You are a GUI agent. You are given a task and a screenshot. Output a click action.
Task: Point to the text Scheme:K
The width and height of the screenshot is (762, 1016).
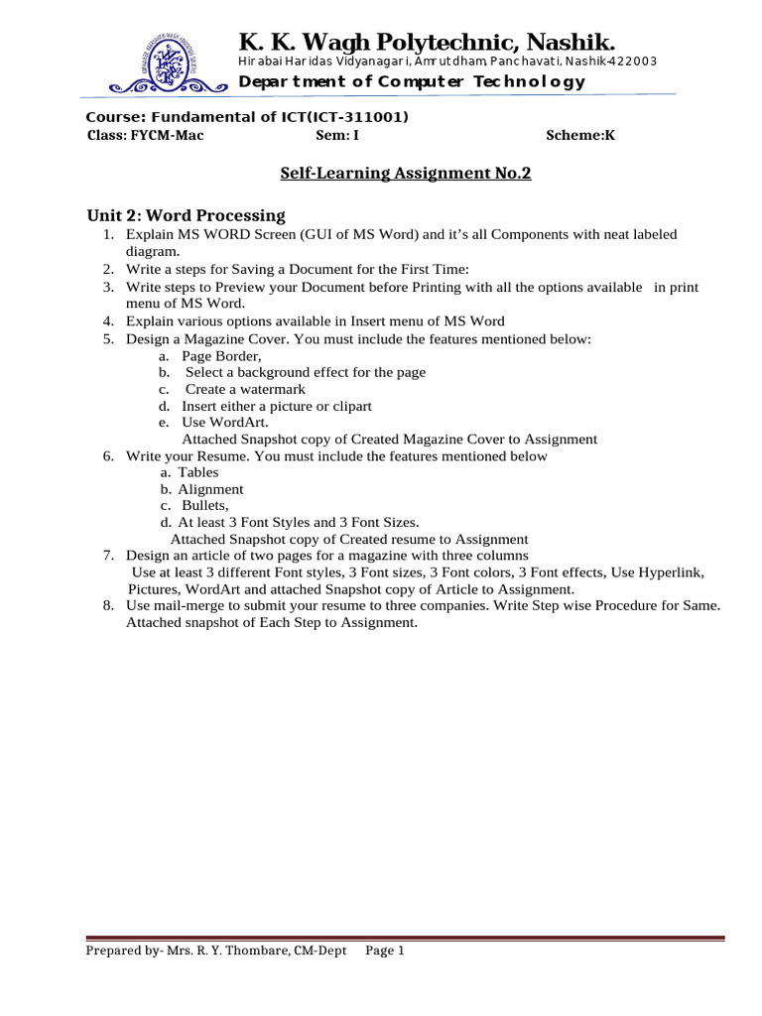tap(580, 136)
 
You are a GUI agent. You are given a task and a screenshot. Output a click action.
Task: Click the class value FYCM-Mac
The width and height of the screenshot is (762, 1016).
tap(167, 136)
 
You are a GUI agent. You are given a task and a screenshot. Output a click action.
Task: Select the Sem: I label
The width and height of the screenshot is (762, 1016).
tap(336, 136)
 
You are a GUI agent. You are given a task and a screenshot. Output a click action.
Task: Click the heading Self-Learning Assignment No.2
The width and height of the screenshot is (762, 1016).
tap(406, 174)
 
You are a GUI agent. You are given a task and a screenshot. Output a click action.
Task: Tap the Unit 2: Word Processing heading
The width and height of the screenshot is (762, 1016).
tap(186, 215)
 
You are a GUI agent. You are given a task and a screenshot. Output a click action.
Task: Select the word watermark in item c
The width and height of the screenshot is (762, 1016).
tap(270, 389)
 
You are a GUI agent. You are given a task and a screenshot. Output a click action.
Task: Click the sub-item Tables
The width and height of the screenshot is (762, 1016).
tap(198, 472)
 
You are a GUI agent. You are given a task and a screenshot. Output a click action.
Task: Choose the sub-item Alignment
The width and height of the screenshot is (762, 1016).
tap(210, 489)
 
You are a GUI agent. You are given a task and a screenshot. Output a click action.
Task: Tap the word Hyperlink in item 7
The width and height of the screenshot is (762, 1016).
tap(667, 572)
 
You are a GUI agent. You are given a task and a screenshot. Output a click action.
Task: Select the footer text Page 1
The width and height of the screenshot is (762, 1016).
tap(386, 951)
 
